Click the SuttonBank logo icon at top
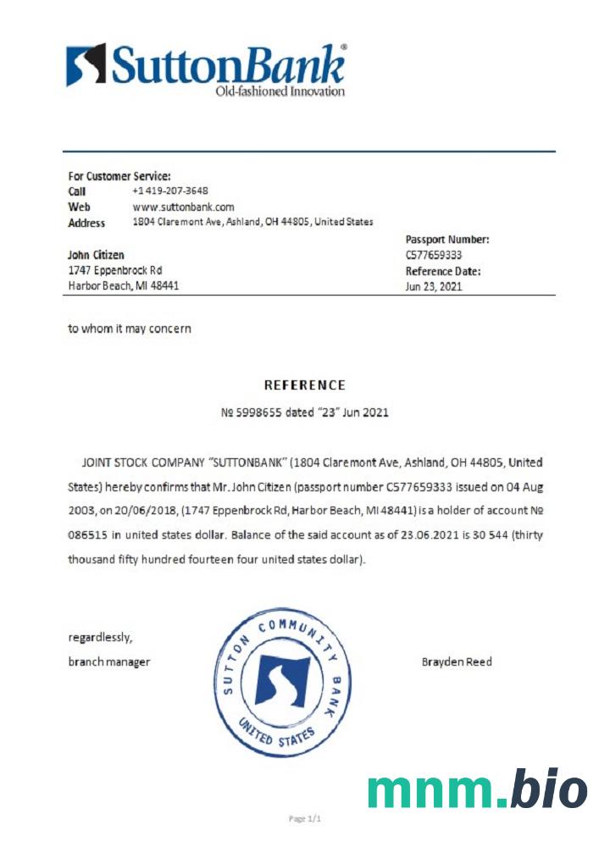point(86,64)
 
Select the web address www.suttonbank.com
point(183,207)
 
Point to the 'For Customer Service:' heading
point(119,176)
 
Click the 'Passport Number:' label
point(447,240)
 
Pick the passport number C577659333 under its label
point(435,255)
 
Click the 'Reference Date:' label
point(443,271)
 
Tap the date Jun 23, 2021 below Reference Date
point(434,286)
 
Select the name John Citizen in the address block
point(96,255)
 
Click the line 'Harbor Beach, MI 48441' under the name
point(123,286)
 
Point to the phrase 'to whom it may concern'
point(130,329)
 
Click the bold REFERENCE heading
point(305,385)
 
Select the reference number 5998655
point(257,413)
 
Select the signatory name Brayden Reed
point(457,662)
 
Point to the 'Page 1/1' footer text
point(305,819)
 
